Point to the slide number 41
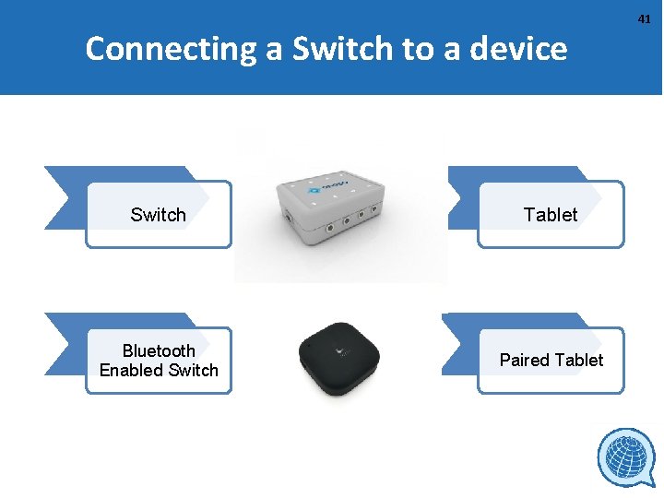click(645, 18)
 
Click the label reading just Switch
click(158, 215)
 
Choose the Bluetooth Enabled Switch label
click(159, 361)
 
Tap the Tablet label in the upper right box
click(551, 215)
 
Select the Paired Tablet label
click(551, 360)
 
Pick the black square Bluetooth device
click(340, 359)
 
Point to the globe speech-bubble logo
click(626, 458)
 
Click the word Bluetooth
click(159, 350)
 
